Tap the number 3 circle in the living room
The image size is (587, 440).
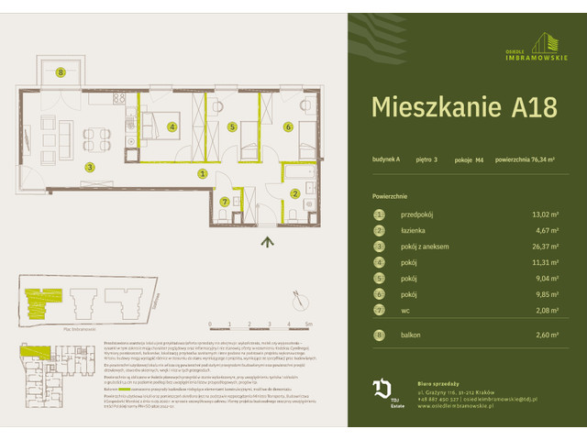coord(89,167)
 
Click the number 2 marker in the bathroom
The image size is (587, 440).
coord(294,192)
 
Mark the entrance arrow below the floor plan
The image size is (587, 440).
coord(267,242)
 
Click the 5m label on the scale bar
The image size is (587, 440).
coord(309,324)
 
